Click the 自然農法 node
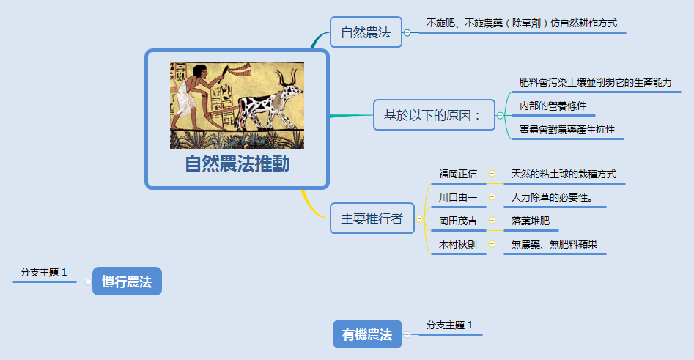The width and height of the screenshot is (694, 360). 366,32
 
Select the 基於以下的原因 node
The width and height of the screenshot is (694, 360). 432,115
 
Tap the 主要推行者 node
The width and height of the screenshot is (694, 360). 372,218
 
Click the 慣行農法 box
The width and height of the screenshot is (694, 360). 127,282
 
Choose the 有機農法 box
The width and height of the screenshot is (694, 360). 367,335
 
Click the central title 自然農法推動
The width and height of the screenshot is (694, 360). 237,164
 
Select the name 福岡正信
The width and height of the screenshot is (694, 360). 457,174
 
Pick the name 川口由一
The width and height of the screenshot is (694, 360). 457,197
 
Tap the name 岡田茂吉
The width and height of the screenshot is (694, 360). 457,221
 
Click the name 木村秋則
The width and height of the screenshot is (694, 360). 457,244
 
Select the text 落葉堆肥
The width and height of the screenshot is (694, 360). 530,221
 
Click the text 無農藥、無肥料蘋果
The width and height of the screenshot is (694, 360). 554,244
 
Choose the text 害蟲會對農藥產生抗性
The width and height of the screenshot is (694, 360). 566,129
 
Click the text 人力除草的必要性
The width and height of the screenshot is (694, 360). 552,197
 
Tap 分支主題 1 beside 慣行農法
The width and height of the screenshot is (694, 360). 44,272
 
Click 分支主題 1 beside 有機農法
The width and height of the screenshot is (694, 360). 450,325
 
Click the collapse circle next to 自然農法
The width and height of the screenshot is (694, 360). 407,32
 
